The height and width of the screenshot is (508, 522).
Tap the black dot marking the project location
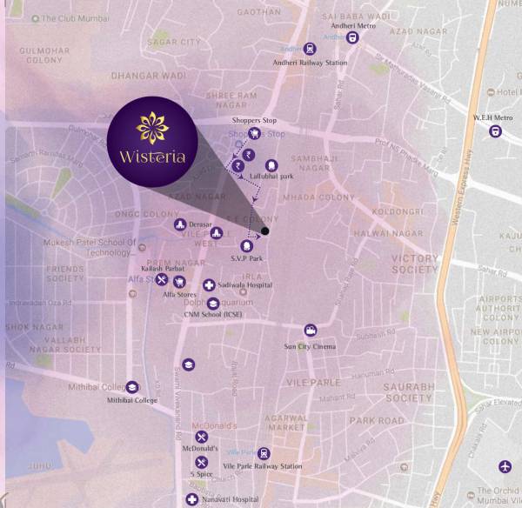pos(265,231)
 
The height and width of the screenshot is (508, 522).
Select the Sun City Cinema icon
pos(310,331)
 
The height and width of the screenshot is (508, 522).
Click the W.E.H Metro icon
pos(495,131)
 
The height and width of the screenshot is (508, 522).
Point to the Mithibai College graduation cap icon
pos(132,387)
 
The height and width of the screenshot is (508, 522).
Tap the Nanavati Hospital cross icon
pos(192,499)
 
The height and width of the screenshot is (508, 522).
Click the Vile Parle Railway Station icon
pos(263,454)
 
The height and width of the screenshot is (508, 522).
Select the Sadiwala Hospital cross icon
pos(209,285)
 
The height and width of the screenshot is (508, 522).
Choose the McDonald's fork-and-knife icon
pos(202,437)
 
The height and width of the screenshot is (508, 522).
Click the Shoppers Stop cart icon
pos(255,134)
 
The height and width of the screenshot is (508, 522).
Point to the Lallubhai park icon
pos(270,165)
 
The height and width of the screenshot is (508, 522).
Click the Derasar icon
pos(179,226)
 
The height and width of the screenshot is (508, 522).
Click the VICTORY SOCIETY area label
pos(415,264)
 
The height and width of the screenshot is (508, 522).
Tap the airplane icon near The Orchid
pos(506,466)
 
